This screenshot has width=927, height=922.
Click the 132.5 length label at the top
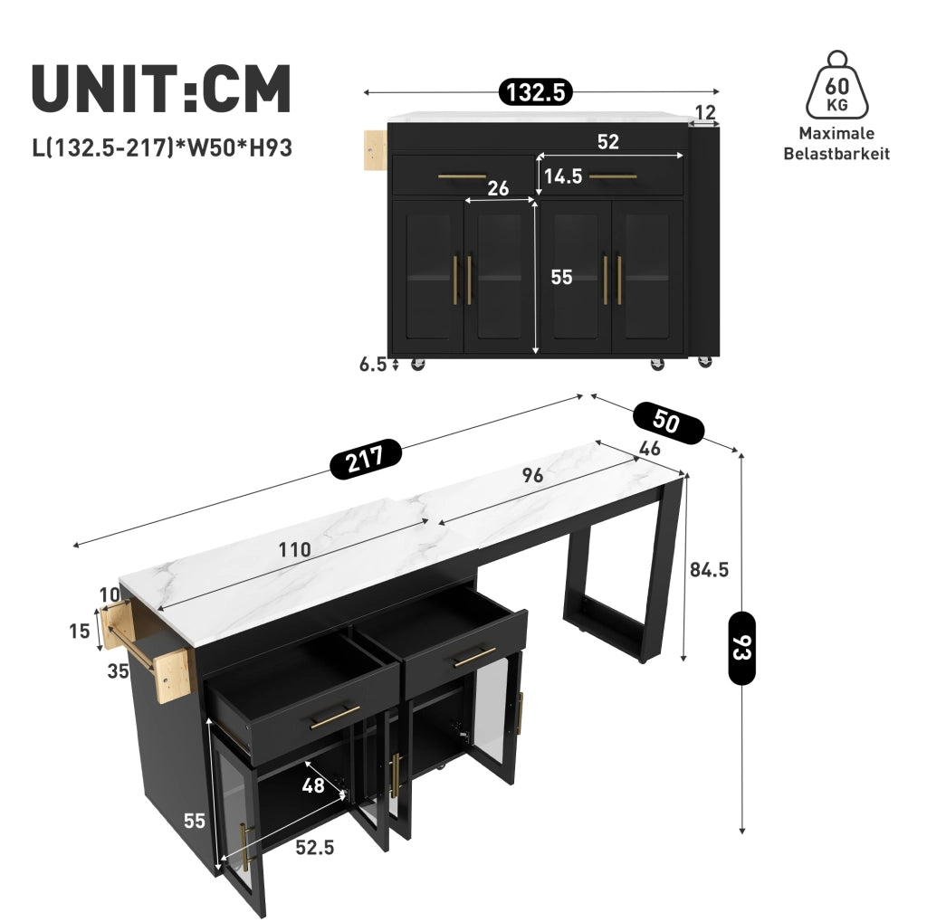coord(536,92)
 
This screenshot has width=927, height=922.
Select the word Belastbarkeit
coord(836,154)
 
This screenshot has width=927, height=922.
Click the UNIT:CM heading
coord(161,89)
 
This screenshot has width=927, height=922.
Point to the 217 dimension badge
coord(366,459)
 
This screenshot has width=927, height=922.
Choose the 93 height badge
coord(741,648)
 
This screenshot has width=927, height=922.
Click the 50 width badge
coord(668,422)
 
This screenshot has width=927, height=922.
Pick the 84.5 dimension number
coord(709,570)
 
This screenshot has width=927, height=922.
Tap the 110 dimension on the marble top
coord(294,549)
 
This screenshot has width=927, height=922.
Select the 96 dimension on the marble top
coord(532,475)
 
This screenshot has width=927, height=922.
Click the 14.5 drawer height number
coord(563,176)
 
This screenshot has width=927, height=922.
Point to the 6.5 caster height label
coord(372,364)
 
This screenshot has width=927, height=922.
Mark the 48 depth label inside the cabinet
coord(312,784)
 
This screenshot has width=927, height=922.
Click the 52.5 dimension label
coord(314,848)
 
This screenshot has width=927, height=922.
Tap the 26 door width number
coord(498,188)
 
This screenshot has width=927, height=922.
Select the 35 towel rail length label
coord(119,670)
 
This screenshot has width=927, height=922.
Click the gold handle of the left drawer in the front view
coord(462,176)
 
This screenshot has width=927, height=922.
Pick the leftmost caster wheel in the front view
coord(417,364)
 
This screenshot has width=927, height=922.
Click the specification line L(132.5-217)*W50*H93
coord(162,147)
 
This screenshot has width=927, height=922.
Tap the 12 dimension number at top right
coord(705,111)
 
